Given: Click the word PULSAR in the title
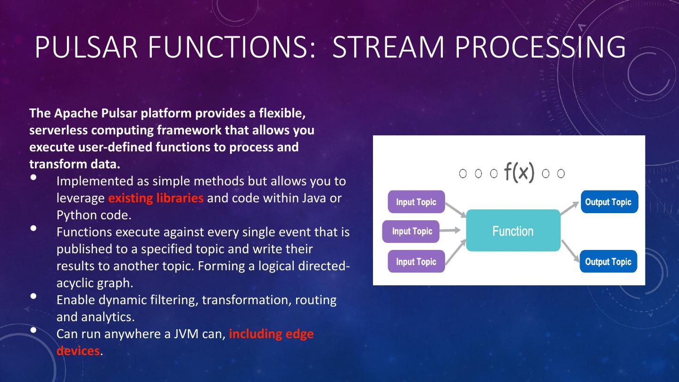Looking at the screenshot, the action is (86, 47).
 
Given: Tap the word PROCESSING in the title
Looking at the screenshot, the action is (540, 47).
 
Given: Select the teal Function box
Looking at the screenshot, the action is (513, 231).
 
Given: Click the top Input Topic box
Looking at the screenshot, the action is (416, 202).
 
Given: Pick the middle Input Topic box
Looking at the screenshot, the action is (411, 231).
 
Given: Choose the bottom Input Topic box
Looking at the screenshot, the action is (416, 261).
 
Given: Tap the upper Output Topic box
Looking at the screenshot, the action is (609, 202).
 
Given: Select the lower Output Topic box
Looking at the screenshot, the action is (608, 261).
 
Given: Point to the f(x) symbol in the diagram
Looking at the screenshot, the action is (519, 172).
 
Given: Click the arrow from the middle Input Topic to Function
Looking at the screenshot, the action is (450, 231).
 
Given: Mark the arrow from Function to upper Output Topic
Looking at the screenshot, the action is (570, 208).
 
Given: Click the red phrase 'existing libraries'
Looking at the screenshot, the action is (156, 198).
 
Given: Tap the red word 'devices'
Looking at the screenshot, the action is (78, 351).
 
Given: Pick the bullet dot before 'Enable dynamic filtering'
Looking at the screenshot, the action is (33, 296).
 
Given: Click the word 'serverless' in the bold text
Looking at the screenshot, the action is (58, 130).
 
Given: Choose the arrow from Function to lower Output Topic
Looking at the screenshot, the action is (571, 251).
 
